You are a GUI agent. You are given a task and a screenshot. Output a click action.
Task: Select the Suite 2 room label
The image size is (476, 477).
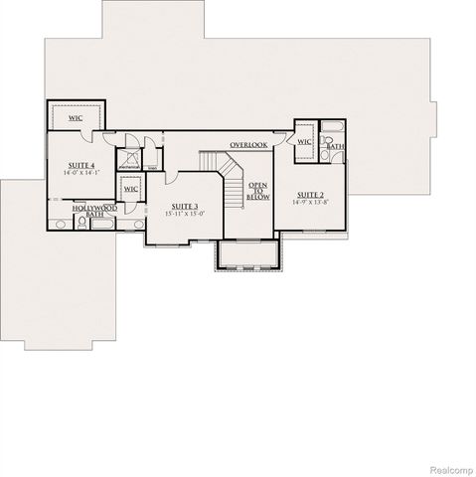coord(311,194)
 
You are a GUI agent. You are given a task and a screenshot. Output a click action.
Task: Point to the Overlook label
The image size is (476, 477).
coord(248,145)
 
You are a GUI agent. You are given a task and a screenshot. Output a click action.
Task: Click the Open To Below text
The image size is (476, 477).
coord(258,191)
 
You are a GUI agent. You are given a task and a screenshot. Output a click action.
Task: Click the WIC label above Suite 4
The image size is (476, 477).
coord(77,117)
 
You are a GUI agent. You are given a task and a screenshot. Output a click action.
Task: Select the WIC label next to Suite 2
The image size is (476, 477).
coord(304,142)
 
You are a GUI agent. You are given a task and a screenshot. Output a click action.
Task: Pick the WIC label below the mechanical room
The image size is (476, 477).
coord(130,189)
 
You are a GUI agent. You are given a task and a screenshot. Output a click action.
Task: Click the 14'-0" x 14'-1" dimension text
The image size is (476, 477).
coord(80,173)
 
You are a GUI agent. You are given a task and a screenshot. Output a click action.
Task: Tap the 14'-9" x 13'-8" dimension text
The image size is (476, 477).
coord(311,202)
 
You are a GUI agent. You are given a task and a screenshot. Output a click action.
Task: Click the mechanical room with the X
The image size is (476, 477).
coord(129,160)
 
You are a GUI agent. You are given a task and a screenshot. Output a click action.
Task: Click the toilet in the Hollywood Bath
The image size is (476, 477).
coord(59,225)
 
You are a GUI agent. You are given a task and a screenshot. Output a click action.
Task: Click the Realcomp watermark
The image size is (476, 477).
coord(450,467)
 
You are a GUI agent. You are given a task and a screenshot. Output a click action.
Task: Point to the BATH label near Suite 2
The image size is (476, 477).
coord(336,147)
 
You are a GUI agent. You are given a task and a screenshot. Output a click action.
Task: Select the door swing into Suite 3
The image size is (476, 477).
coord(172,179)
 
